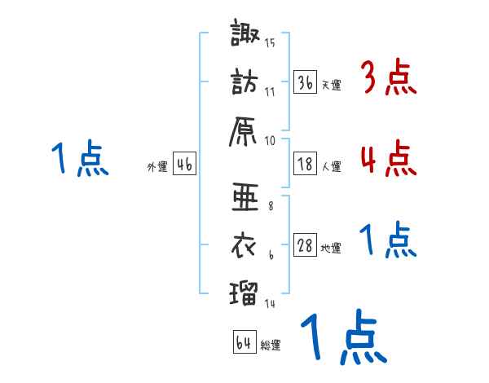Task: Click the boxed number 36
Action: (x=305, y=82)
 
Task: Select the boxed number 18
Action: (x=305, y=164)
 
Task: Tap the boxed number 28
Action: (x=305, y=246)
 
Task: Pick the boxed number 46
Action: (x=184, y=165)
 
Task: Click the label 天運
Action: (x=331, y=85)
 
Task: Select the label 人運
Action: (x=331, y=166)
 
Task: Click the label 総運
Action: (x=271, y=346)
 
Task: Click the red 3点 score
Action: (x=388, y=78)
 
